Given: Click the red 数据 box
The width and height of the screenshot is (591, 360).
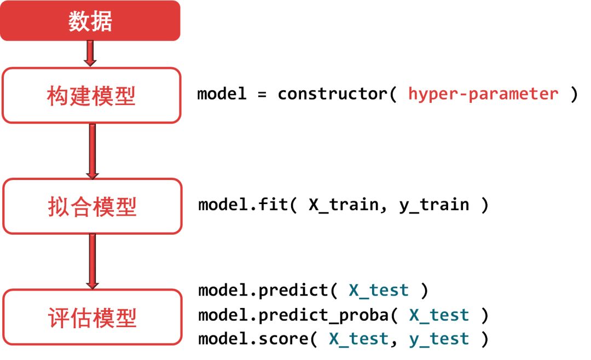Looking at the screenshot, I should (90, 21).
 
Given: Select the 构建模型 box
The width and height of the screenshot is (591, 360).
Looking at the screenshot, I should (91, 96).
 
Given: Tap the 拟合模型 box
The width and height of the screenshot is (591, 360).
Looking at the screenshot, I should (92, 206).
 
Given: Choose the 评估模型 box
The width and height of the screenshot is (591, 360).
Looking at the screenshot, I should (92, 318).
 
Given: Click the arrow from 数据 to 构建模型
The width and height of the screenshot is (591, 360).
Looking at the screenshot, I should (91, 54).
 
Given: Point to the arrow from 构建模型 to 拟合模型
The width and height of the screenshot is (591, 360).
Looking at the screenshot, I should (92, 150).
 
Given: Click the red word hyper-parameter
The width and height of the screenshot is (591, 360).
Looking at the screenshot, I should (483, 94).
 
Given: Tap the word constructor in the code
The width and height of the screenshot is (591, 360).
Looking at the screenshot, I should (332, 94).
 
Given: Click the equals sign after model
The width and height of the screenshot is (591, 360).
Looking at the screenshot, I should (262, 94).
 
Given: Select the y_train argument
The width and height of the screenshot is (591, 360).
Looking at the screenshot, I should (434, 205).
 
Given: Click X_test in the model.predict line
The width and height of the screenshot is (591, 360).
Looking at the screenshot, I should (379, 291).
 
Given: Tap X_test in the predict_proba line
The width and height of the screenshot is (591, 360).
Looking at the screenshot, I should (439, 315).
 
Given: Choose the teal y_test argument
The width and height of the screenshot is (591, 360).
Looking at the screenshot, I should (439, 339).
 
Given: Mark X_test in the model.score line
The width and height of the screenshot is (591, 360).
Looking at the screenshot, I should (359, 339).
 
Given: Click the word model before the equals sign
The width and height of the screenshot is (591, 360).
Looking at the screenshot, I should (222, 94).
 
